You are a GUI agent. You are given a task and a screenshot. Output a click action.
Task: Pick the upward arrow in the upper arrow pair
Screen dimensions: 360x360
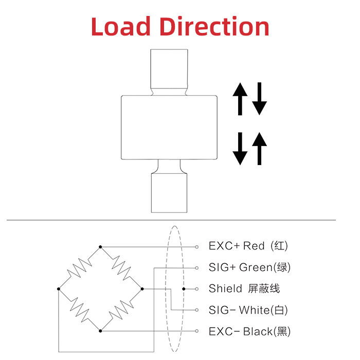click(x=240, y=99)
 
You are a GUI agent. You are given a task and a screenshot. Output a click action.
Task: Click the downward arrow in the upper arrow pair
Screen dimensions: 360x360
click(x=260, y=99)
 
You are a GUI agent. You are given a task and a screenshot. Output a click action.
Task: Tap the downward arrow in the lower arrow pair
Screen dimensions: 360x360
click(x=240, y=148)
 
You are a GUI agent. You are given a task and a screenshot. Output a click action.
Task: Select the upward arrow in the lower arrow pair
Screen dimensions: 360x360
click(x=260, y=148)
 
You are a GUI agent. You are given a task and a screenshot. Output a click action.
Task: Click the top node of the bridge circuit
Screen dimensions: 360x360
click(x=100, y=246)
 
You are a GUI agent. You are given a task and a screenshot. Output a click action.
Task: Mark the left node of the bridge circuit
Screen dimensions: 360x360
click(x=58, y=289)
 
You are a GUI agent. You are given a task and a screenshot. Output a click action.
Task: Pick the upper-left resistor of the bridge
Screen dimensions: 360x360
click(x=79, y=267)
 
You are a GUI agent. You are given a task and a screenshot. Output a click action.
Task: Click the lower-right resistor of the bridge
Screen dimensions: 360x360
click(x=121, y=310)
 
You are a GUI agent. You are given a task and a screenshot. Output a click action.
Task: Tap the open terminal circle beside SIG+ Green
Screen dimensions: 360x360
click(x=197, y=268)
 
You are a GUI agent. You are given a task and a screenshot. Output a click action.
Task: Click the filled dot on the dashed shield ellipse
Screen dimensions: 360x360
click(x=184, y=289)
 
